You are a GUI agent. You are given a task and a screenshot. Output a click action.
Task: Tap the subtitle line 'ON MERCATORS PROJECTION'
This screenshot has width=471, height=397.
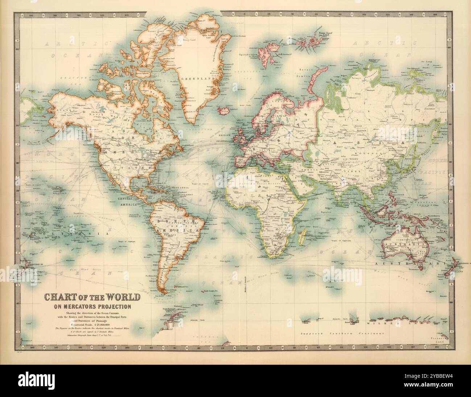point(92,307)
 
